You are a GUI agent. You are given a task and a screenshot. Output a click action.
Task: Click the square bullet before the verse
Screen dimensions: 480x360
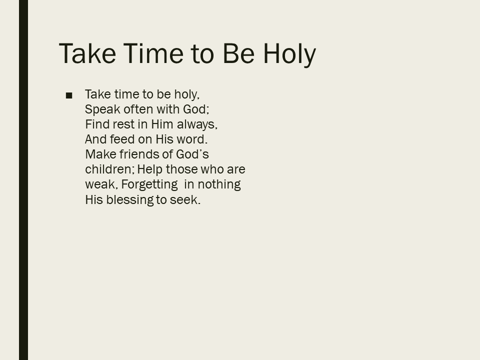[x=69, y=95]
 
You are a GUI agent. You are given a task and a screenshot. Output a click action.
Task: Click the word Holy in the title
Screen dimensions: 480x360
[x=289, y=54]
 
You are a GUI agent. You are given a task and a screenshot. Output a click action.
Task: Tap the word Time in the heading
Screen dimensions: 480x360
[x=153, y=53]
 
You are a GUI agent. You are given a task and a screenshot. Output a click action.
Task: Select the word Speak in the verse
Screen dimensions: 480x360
[x=102, y=109]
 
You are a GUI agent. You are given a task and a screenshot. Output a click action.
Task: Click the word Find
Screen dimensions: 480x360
[x=97, y=124]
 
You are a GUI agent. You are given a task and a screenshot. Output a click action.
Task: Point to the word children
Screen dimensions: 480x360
[x=109, y=169]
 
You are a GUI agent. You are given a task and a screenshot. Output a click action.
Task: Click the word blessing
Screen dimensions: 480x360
[x=130, y=200]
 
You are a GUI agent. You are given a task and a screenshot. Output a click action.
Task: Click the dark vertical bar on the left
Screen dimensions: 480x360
[x=23, y=180]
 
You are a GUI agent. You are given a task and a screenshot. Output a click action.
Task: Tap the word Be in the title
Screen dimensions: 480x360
[x=239, y=53]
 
